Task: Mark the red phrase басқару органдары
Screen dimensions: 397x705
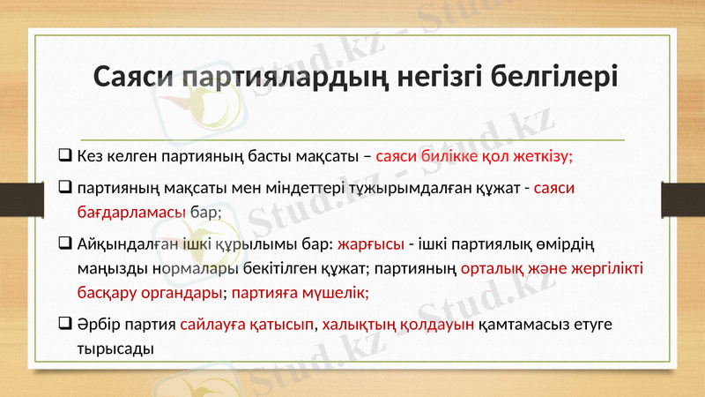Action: click(148, 292)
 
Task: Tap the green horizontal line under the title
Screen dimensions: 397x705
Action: click(352, 139)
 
